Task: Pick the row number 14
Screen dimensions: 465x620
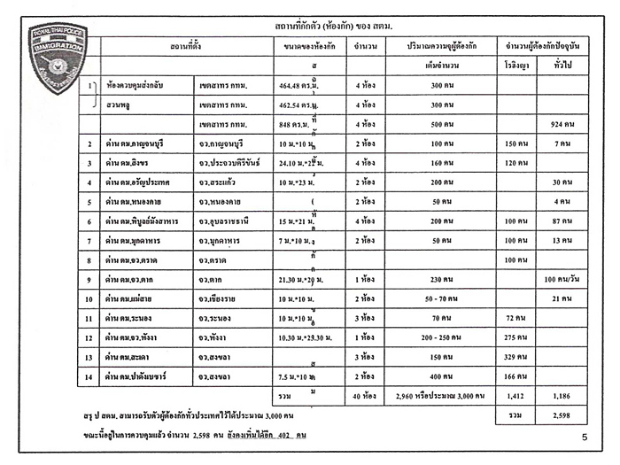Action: pos(90,376)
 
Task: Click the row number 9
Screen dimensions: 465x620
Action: pos(90,279)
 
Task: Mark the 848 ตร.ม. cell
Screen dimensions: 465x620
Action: pos(289,123)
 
